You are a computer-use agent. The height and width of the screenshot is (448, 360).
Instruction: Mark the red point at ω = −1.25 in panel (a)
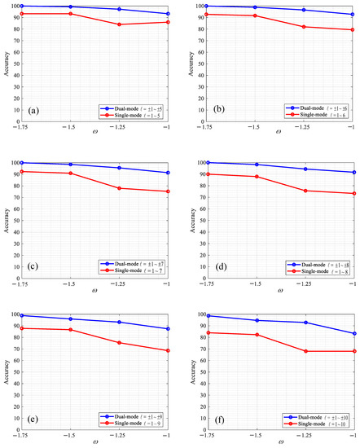tap(120, 24)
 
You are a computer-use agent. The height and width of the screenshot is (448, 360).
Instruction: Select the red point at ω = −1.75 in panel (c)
tap(22, 171)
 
